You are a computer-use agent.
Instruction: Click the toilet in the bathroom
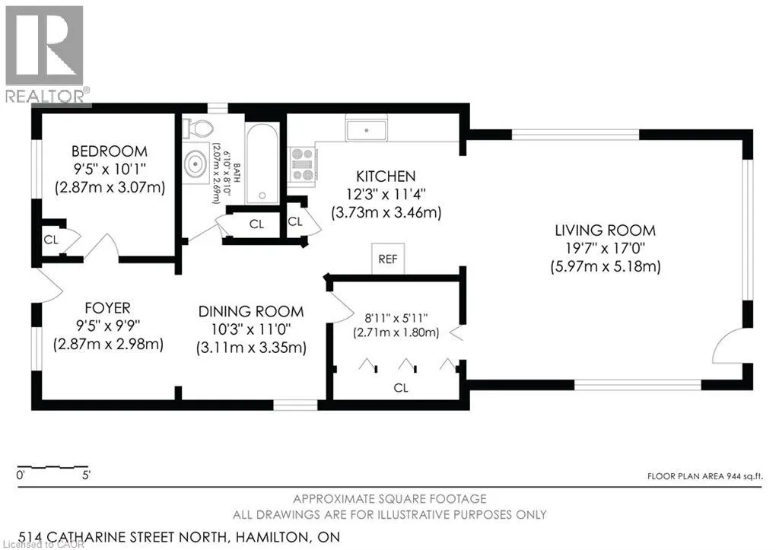click(198, 129)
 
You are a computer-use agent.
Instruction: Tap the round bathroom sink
click(196, 164)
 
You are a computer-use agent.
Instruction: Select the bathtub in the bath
click(262, 163)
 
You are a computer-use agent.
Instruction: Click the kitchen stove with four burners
click(303, 164)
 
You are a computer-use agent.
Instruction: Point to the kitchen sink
click(367, 130)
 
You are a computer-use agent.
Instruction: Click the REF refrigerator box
click(388, 259)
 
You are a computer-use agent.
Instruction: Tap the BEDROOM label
click(110, 151)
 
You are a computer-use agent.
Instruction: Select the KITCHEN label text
click(386, 176)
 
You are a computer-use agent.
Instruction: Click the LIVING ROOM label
click(605, 230)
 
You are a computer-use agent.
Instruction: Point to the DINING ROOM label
click(251, 312)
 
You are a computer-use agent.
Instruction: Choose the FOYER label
click(108, 308)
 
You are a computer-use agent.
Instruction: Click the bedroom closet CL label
click(51, 240)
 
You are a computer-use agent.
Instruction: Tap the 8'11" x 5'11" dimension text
click(396, 318)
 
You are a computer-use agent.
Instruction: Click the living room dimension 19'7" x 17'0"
click(605, 249)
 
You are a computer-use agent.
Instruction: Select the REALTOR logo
click(46, 54)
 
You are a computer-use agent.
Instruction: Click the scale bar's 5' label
click(86, 475)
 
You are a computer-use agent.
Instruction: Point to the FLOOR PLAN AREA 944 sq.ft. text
click(704, 476)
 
